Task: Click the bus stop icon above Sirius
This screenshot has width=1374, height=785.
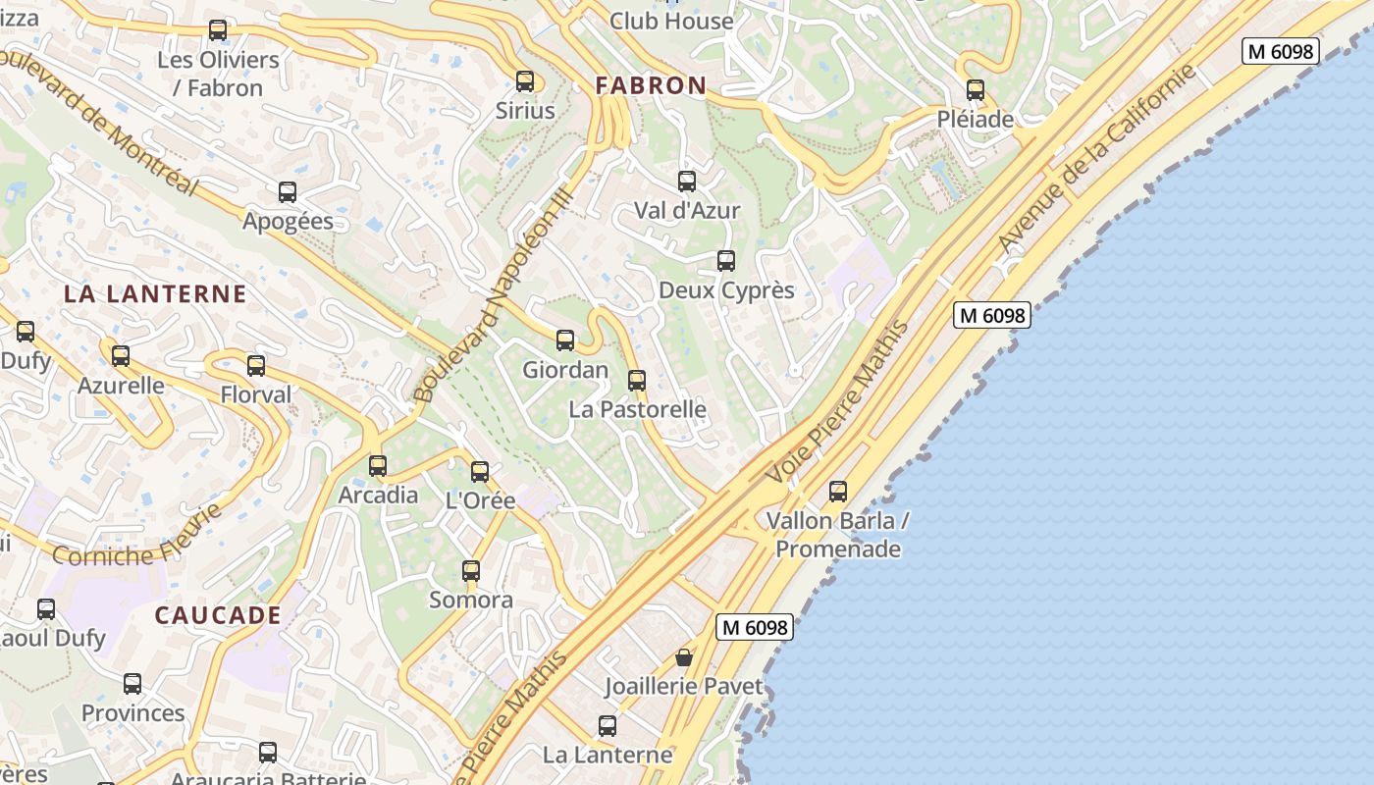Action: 525,81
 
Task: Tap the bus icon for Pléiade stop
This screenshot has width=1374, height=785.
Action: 975,90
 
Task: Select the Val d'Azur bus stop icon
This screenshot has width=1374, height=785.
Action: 687,182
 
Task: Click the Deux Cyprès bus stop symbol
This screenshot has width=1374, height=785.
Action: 726,261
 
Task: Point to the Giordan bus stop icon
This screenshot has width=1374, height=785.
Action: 565,340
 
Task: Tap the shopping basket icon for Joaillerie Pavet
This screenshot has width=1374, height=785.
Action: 684,657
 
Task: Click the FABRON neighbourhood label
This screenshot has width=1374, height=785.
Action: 651,85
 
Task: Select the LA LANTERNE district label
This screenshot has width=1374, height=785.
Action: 155,293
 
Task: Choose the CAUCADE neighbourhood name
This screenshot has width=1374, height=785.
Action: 218,615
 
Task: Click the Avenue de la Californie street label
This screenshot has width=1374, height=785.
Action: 1096,157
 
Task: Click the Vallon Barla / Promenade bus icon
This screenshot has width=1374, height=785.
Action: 838,492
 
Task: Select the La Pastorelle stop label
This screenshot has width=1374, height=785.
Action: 637,409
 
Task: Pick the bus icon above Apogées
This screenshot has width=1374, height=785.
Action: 288,192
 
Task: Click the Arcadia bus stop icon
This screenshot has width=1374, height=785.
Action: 378,466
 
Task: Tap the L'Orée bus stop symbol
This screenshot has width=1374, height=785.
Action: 480,472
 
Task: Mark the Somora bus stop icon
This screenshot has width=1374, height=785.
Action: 471,571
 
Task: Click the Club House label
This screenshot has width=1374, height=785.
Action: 671,21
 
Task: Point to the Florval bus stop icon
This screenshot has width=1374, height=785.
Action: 256,366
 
